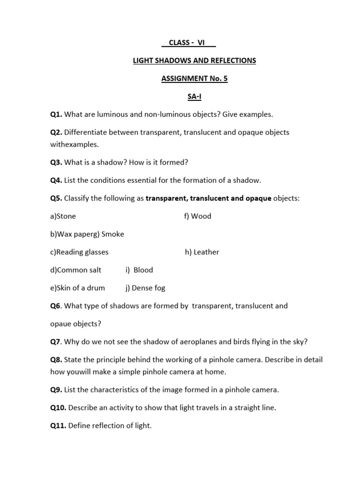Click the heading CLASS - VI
coord(188,43)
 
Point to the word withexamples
coord(75,144)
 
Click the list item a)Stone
coord(63,216)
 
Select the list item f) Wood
coord(198,216)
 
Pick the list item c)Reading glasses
coord(79,252)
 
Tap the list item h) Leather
coord(202,252)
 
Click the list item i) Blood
coord(139,270)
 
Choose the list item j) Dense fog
coord(145,288)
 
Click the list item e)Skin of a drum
coord(78,288)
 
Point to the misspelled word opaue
coord(61,323)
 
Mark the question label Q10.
coord(58,407)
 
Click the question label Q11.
coord(58,426)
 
